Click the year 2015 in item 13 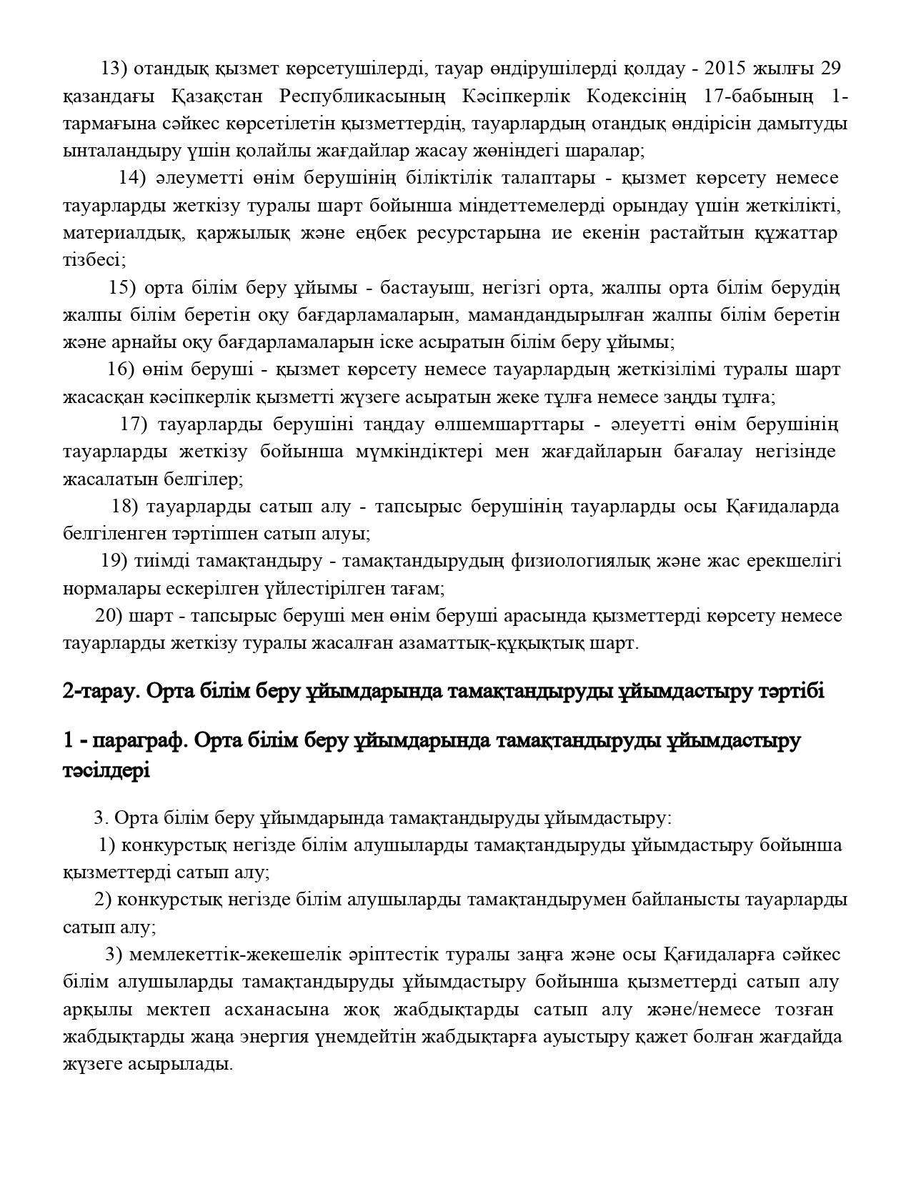(725, 69)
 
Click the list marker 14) (132, 178)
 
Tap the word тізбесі (93, 260)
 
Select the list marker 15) (122, 288)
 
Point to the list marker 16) (121, 370)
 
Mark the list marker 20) (109, 616)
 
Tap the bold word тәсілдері (106, 771)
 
